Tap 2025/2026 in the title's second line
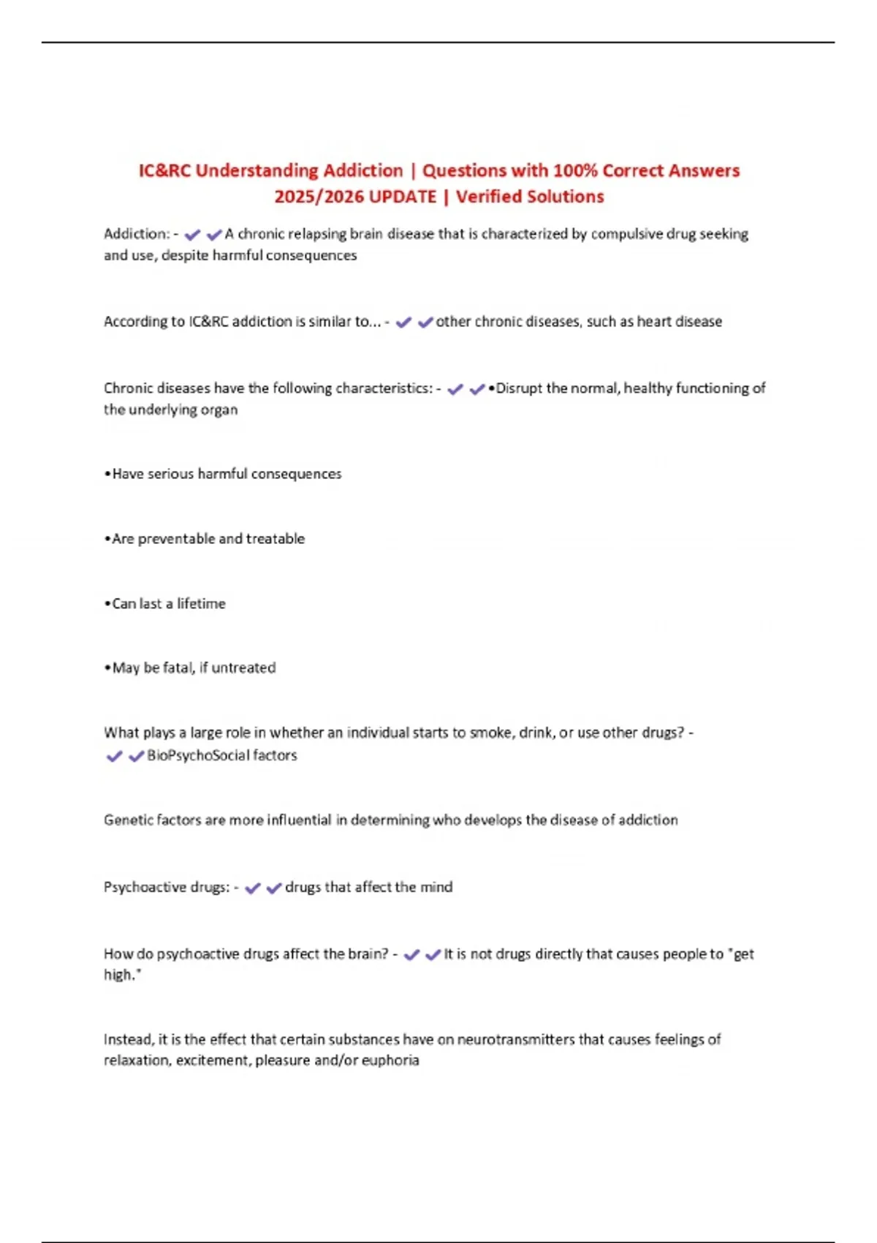tap(318, 197)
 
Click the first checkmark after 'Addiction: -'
tap(193, 235)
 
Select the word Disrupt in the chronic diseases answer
tap(519, 388)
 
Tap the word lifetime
tap(201, 604)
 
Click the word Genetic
tap(127, 820)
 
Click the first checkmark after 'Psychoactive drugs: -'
tap(252, 888)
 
